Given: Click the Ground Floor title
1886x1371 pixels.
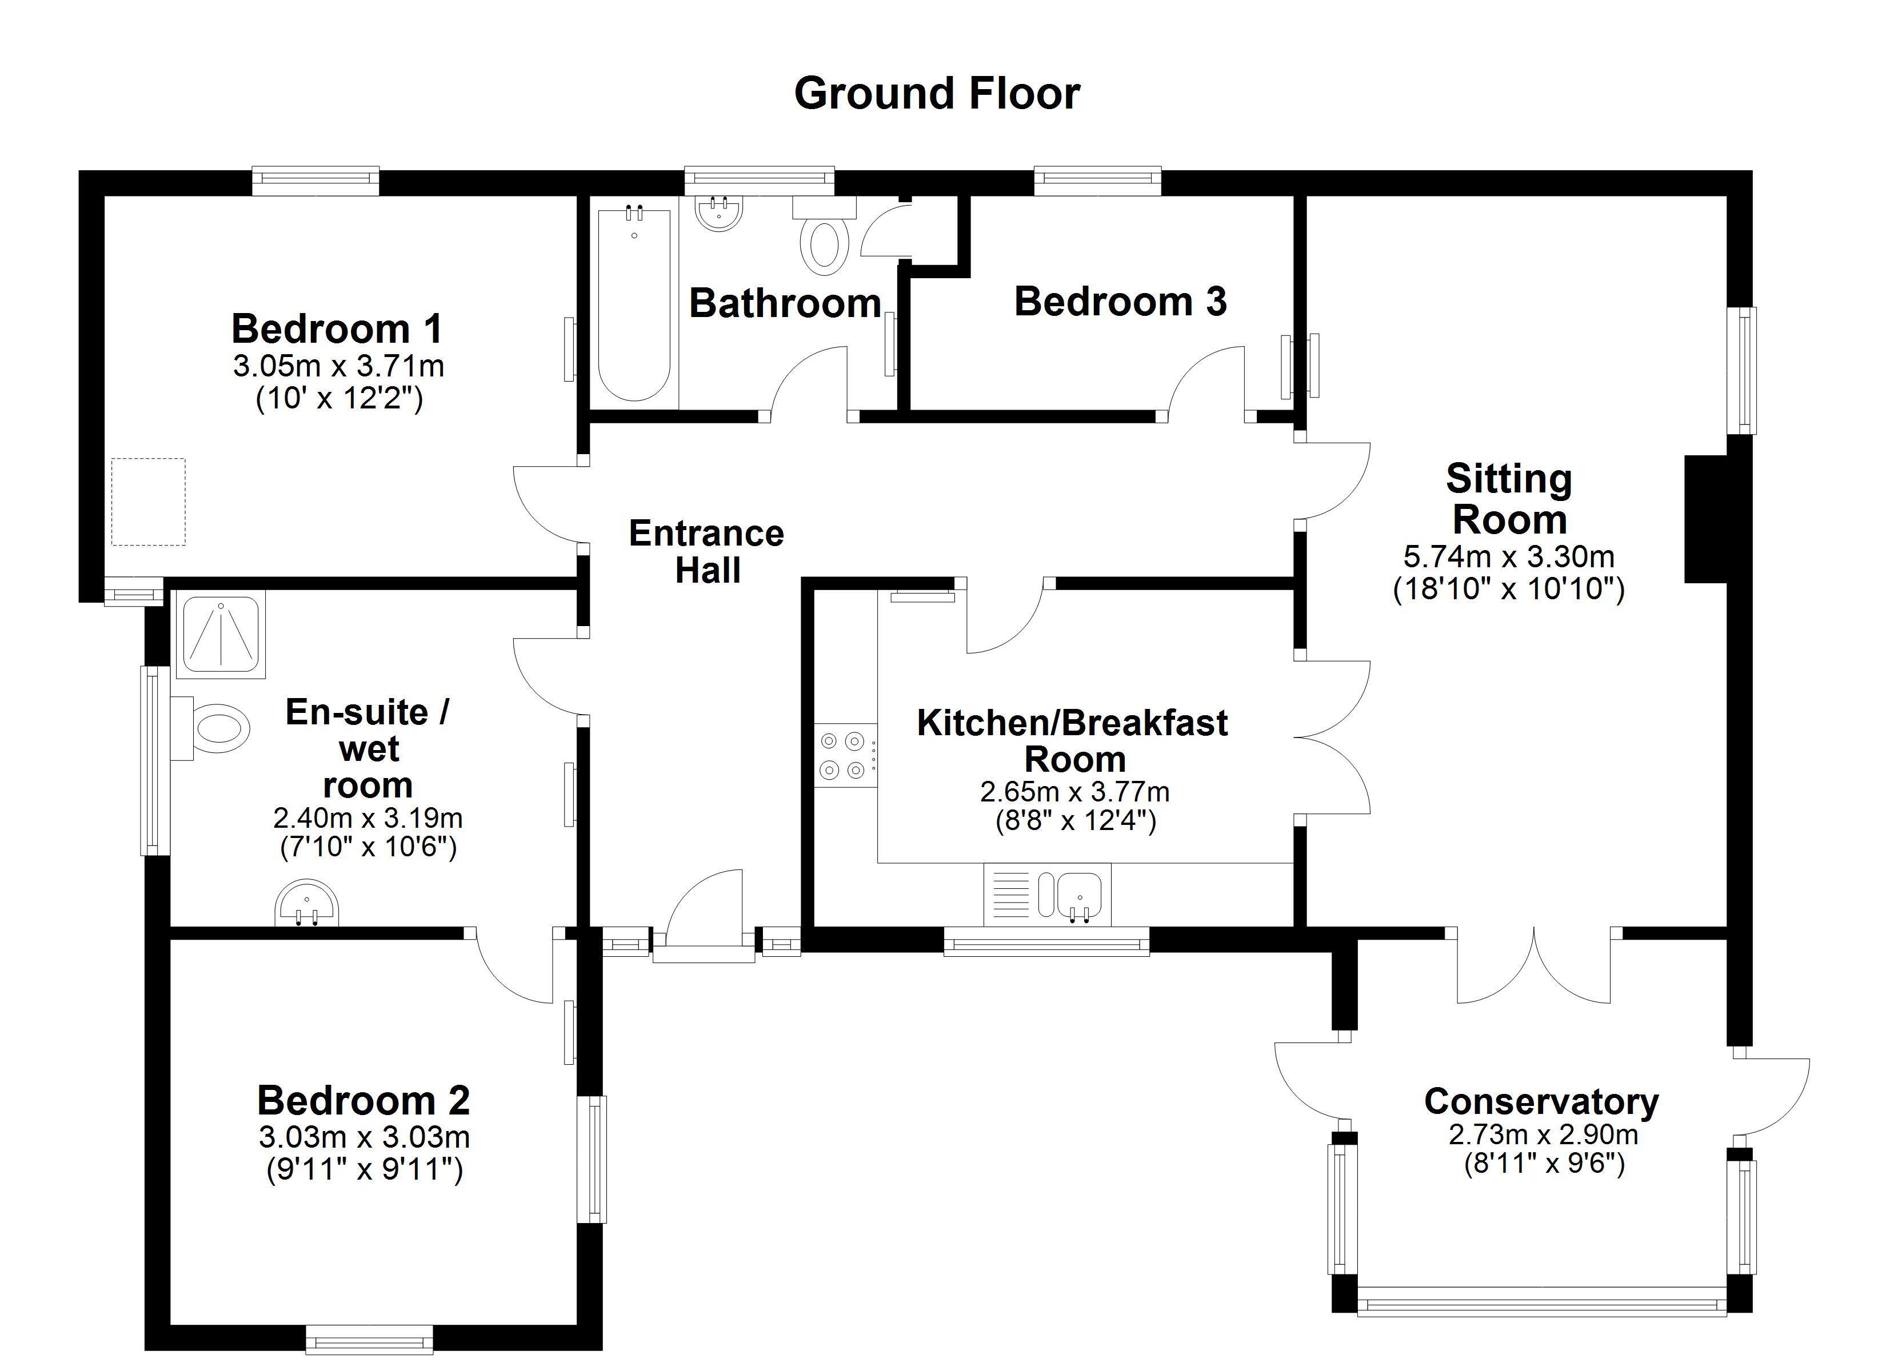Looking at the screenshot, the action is tap(937, 94).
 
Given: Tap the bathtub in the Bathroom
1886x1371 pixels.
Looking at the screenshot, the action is tap(634, 305).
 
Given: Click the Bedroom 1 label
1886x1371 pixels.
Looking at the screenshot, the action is tap(337, 328).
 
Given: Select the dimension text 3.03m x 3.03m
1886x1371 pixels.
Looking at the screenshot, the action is tap(364, 1137).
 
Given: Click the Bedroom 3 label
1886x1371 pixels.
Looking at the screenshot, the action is tap(1120, 301).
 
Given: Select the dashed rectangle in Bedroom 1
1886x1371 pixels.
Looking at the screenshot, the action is tap(149, 502).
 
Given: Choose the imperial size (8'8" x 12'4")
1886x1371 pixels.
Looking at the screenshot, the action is tap(1076, 821).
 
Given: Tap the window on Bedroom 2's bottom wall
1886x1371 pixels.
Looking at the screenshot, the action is tap(369, 1340).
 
